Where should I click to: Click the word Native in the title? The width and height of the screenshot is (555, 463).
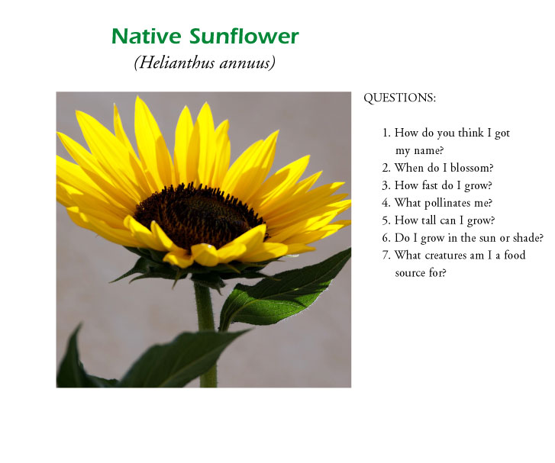147,36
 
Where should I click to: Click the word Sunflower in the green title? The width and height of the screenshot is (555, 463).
244,36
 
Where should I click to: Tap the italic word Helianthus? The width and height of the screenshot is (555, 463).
175,63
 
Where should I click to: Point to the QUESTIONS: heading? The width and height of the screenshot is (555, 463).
399,98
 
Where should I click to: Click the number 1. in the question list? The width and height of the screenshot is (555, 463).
386,133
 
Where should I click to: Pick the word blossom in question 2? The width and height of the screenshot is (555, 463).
470,168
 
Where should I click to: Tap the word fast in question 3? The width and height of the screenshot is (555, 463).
431,185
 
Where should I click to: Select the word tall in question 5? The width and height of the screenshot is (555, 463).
428,220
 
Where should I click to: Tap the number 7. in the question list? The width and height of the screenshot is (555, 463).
386,256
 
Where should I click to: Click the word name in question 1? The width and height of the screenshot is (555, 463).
427,151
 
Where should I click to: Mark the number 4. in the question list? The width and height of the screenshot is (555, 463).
386,203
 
